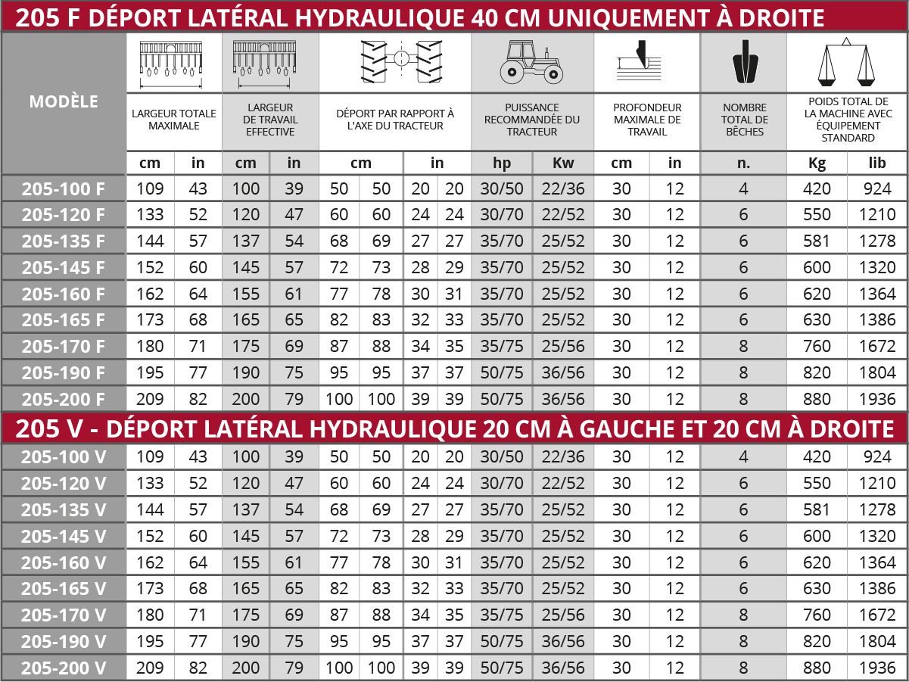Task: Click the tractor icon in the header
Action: pos(531,64)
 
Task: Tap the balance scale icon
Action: pos(847,62)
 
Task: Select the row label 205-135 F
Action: pos(64,241)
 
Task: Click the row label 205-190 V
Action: pos(64,642)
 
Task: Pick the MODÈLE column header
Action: pos(64,101)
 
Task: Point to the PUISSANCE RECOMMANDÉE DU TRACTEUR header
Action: pos(531,120)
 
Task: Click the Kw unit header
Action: pos(563,163)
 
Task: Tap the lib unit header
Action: pos(877,163)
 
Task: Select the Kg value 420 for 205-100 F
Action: pos(817,189)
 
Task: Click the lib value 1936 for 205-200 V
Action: pos(877,668)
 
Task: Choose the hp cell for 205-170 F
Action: pos(502,347)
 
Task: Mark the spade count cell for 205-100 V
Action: pos(743,457)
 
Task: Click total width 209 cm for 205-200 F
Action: pos(150,400)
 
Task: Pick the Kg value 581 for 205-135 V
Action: pos(817,510)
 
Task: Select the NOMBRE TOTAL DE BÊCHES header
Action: pos(744,120)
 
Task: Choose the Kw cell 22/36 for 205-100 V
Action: pos(563,457)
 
